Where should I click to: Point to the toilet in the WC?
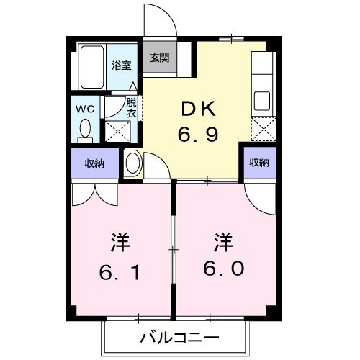(x=86, y=130)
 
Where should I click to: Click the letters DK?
(x=198, y=109)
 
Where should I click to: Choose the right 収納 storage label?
(x=259, y=163)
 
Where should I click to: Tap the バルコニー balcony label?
(x=179, y=337)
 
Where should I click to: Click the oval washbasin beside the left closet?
(x=132, y=163)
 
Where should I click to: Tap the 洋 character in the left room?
(x=120, y=241)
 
